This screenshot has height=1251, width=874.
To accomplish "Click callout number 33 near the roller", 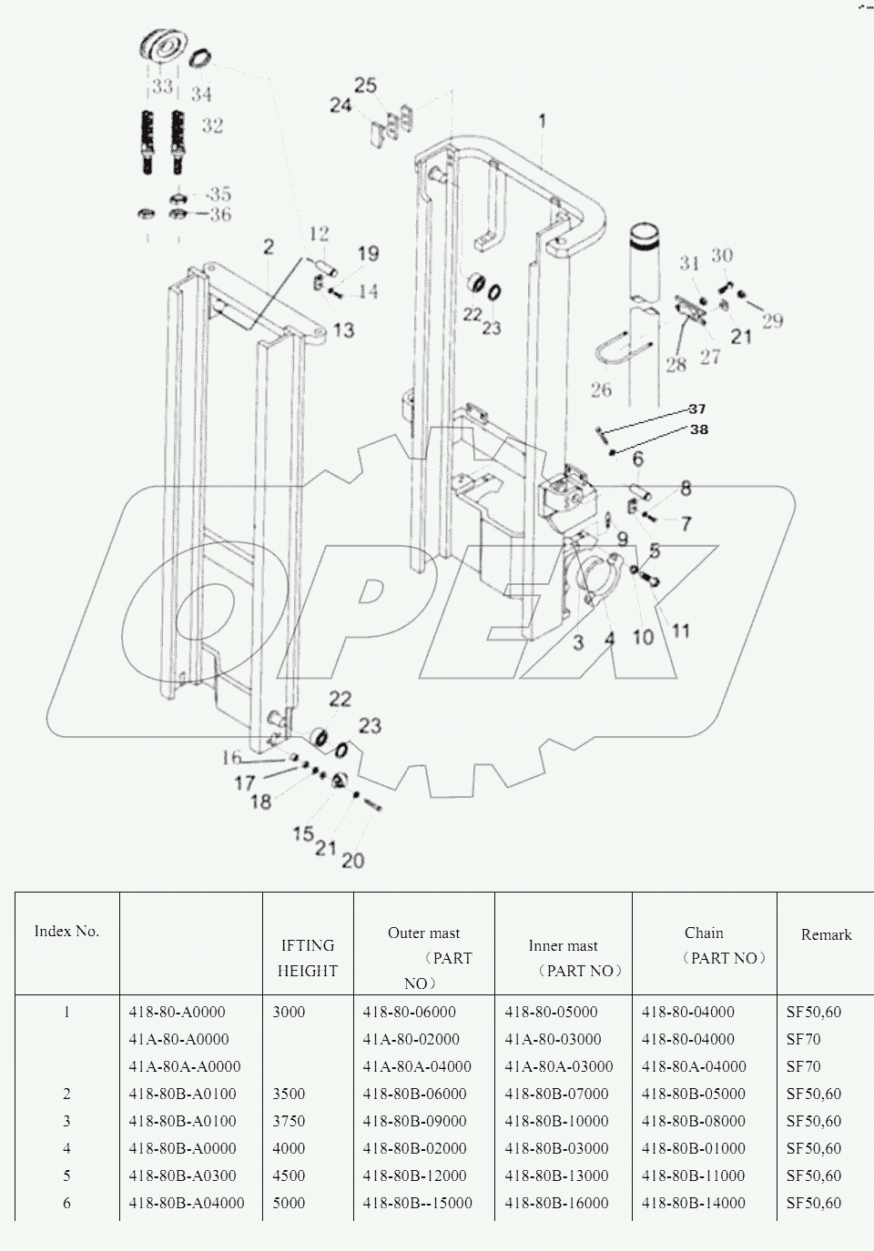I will point(162,86).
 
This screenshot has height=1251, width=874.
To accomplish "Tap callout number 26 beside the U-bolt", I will point(602,389).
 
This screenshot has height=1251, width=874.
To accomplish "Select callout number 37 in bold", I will point(696,409).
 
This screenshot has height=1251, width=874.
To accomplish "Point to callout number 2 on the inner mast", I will point(269,247).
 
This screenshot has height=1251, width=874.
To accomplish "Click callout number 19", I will point(367,254).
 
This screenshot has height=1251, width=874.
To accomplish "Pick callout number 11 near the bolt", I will point(680,631).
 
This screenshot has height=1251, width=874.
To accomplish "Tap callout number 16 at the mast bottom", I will point(231,758).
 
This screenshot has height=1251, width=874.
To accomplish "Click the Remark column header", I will point(826,934).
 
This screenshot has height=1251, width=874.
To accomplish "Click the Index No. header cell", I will point(66,931).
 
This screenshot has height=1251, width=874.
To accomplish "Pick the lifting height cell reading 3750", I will point(290,1121).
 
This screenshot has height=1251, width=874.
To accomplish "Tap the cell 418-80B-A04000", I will point(187,1203).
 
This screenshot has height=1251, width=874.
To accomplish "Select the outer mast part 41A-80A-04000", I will point(416,1066).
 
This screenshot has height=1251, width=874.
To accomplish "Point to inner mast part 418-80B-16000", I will point(556,1203).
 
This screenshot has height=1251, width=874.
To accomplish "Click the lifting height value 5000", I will point(290,1203).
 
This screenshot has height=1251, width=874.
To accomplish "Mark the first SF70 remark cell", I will point(803,1039).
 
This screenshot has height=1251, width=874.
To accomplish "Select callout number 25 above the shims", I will point(365,86).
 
